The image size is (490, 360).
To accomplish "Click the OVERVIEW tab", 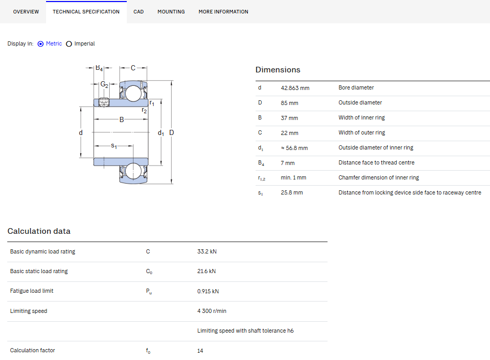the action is [x=26, y=12].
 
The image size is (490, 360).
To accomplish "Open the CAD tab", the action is [x=139, y=12].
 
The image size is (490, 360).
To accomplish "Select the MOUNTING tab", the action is [x=171, y=12].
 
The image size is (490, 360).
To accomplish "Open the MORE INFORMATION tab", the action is [x=224, y=12].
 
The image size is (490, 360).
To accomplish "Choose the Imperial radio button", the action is [x=69, y=44].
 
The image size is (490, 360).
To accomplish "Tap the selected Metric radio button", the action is [x=41, y=44].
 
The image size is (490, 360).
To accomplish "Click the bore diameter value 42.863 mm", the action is [x=295, y=88].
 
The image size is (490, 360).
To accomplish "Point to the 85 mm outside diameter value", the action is [x=289, y=103].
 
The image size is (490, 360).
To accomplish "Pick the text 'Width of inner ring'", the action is [x=362, y=117].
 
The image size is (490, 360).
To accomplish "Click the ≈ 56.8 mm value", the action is [x=294, y=148].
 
